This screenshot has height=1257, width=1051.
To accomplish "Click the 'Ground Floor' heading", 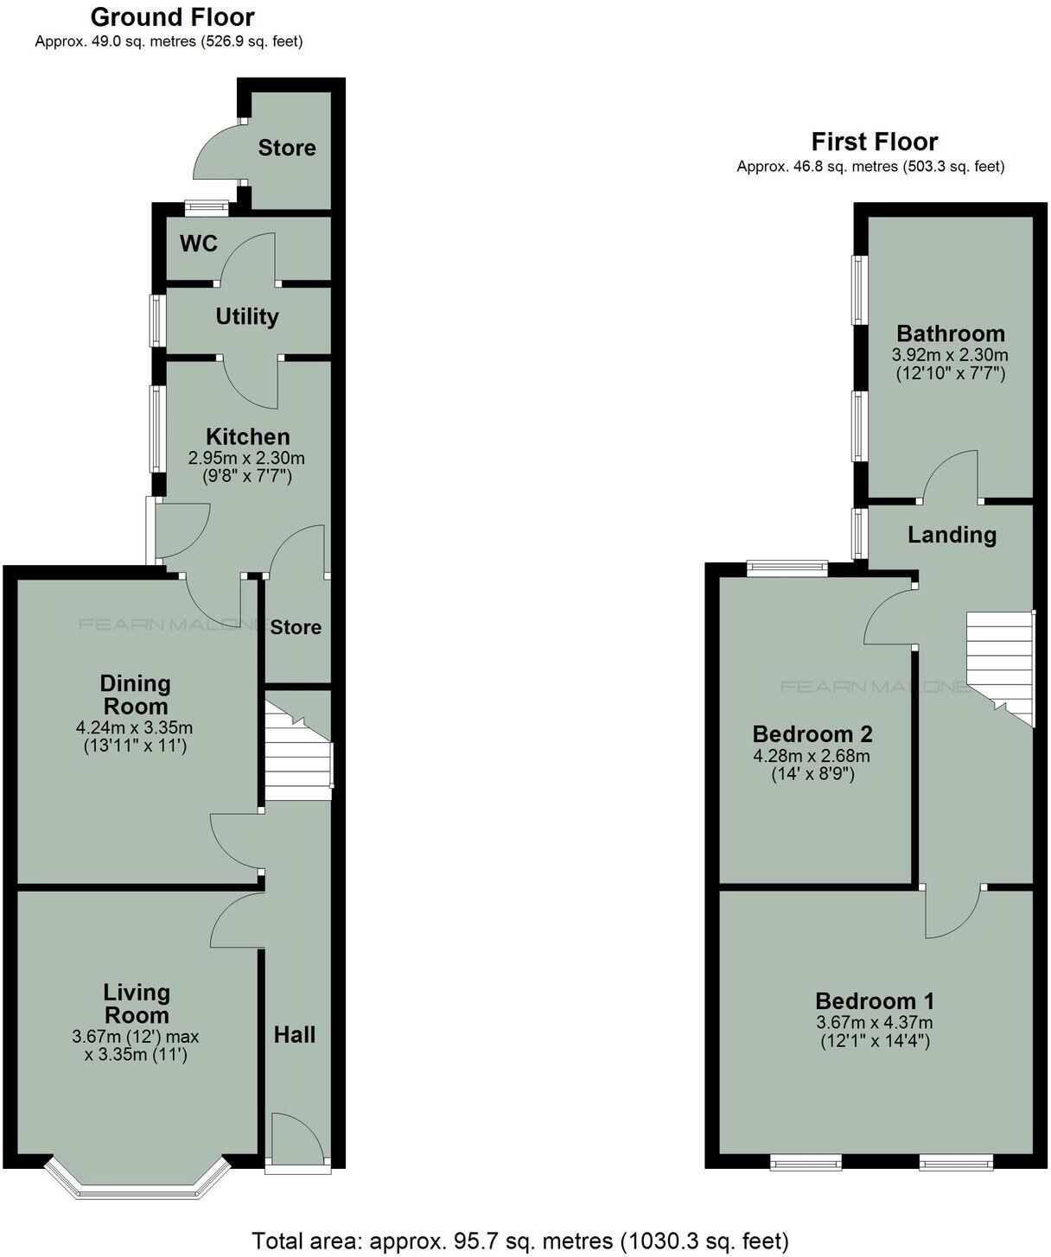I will click(172, 17).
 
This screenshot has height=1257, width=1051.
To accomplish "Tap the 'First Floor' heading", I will click(874, 142).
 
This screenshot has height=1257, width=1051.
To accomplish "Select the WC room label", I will click(198, 244).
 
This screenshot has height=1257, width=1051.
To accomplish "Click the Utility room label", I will click(246, 316).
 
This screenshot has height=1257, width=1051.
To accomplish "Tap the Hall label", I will click(295, 1034).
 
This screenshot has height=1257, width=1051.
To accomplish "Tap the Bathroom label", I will click(950, 333).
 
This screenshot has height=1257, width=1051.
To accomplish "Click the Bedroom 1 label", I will click(875, 1001).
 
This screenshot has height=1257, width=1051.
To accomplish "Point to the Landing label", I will click(952, 535).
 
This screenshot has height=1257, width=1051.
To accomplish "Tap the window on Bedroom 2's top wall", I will click(787, 568).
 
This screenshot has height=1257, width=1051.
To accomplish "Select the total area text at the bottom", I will click(520, 1241).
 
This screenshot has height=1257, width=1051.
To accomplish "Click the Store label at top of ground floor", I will click(287, 148).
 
